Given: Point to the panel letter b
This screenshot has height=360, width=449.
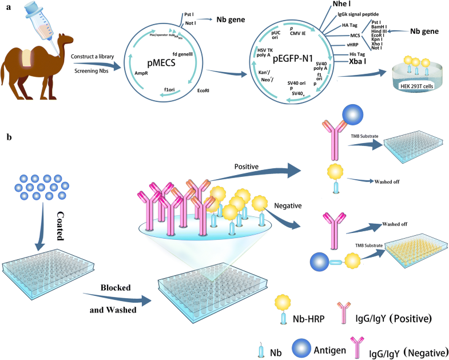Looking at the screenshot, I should click(x=7, y=139).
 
